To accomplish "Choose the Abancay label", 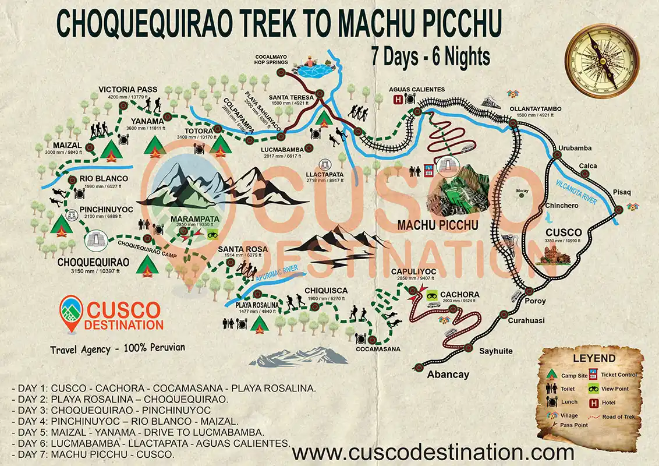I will [448, 375].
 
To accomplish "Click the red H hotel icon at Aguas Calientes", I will [398, 100].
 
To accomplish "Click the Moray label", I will [522, 190].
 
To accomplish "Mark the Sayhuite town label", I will [495, 351].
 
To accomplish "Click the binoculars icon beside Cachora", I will [432, 295].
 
